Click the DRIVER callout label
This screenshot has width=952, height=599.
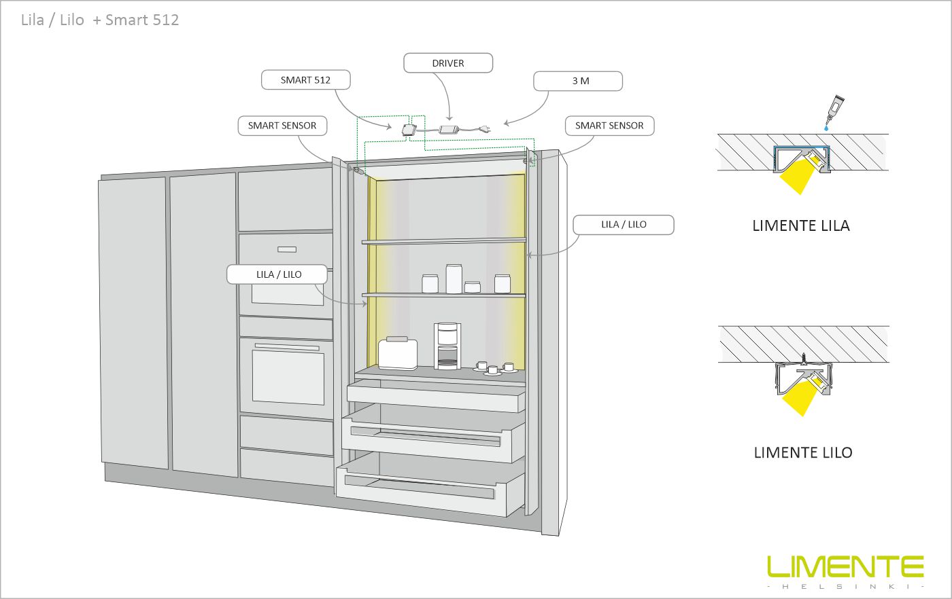448,63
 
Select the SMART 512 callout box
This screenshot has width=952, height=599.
305,80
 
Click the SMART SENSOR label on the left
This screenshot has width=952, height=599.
282,126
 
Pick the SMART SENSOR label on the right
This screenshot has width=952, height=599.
609,126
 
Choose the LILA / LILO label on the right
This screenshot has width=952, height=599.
624,225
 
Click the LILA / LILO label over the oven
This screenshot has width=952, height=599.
278,274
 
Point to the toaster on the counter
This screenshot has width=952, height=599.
397,352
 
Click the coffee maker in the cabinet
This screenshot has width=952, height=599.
446,346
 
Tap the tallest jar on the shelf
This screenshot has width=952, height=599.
454,278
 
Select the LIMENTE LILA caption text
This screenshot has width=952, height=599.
800,226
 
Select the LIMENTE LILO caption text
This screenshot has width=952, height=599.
802,453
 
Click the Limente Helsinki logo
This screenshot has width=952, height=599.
845,571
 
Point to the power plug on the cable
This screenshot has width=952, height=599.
484,128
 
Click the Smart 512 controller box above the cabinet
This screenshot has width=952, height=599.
409,128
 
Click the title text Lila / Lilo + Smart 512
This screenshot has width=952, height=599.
100,20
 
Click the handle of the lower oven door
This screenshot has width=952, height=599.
286,347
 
